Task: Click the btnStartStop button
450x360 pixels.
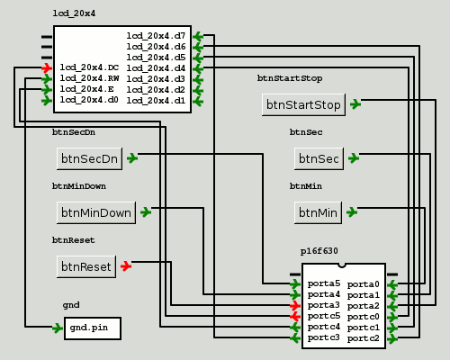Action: tap(303, 104)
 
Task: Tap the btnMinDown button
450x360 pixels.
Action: tap(96, 212)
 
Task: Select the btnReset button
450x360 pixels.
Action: tap(86, 266)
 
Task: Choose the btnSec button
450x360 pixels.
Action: tap(319, 158)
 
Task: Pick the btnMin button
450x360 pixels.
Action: tap(318, 212)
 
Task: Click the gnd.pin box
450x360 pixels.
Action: tap(93, 328)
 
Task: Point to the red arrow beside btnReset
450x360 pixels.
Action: tap(126, 266)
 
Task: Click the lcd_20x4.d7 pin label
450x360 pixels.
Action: tap(156, 36)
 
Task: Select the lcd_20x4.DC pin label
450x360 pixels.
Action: tap(89, 67)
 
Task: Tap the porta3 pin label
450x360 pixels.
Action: tap(324, 305)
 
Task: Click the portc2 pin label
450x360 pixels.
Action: tap(364, 338)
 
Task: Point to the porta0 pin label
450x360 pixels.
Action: tap(364, 284)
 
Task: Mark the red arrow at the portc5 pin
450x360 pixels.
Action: tap(295, 316)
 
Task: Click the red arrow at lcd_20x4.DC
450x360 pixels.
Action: tap(47, 68)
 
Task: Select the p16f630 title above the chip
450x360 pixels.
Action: tap(319, 251)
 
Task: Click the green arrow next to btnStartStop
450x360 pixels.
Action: tap(355, 104)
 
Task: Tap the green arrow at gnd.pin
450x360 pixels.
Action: tap(58, 328)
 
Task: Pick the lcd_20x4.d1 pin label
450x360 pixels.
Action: tap(156, 101)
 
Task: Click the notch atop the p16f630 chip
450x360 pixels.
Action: tap(342, 265)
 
